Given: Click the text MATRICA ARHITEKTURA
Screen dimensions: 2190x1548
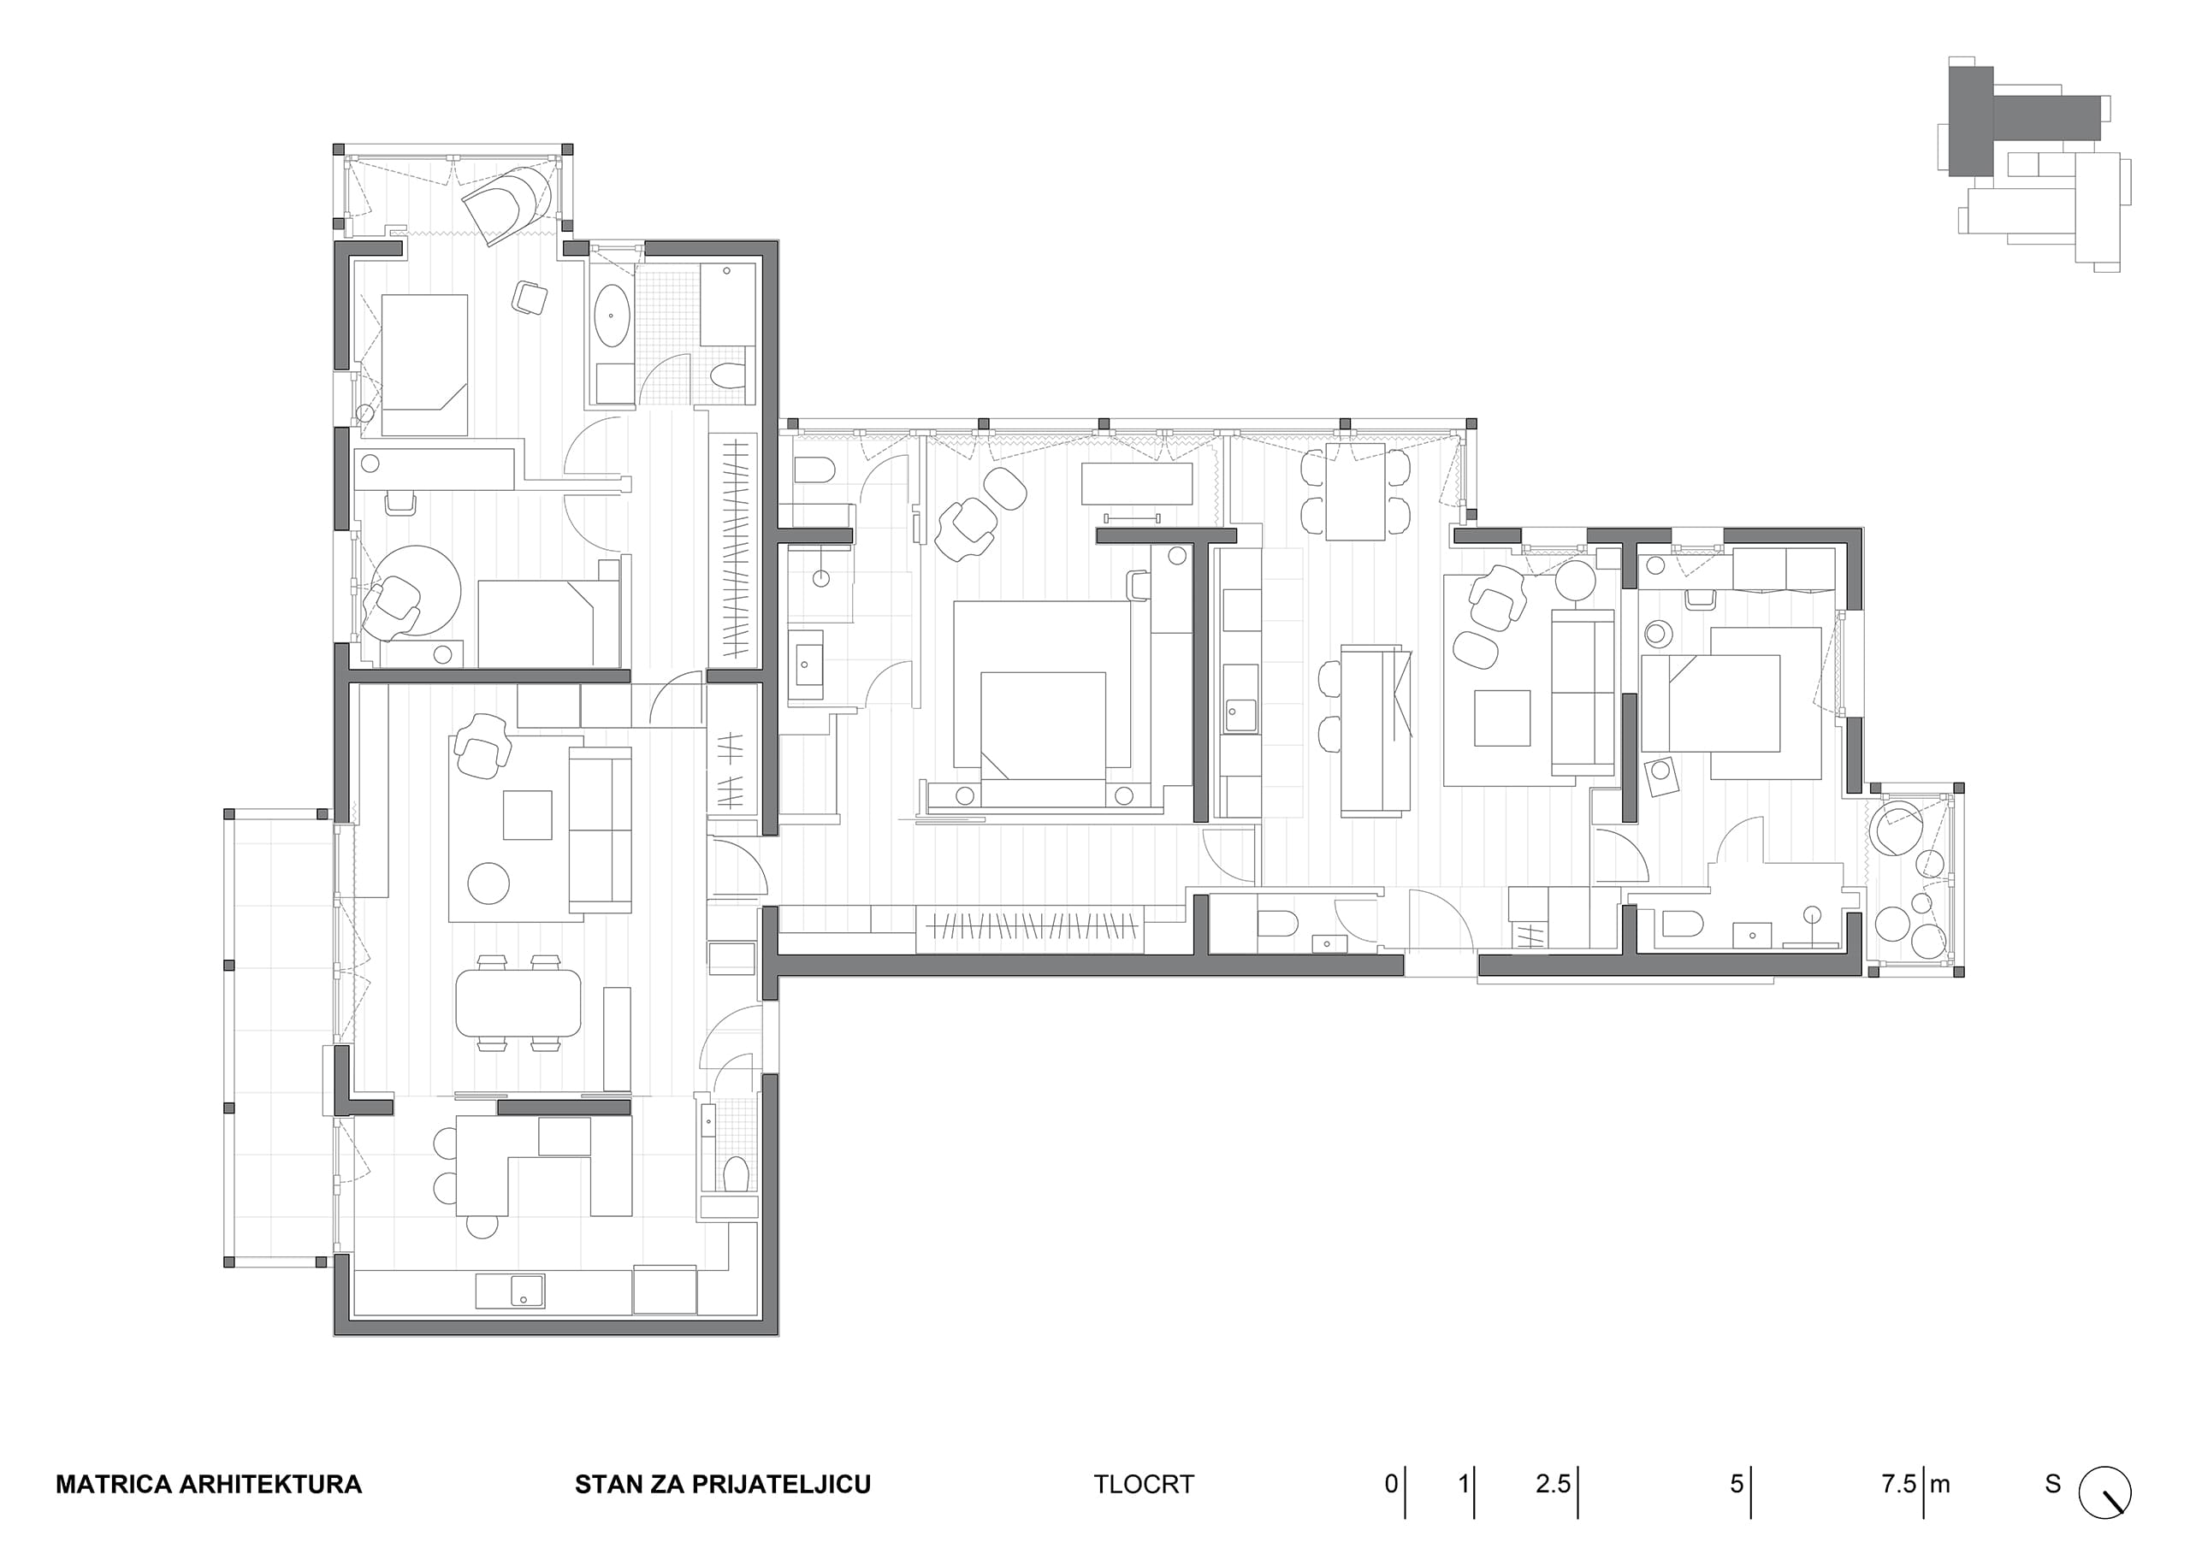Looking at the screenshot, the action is [x=209, y=1484].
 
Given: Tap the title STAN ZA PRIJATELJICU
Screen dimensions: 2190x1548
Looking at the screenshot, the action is [x=723, y=1484].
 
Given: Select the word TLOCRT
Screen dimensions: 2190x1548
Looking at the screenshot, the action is [x=1144, y=1484].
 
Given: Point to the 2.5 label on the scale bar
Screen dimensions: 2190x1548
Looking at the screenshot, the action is [x=1552, y=1484].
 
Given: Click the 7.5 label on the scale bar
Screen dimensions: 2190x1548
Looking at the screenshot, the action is [x=1898, y=1484].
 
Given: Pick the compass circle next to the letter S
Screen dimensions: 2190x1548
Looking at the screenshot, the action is [x=2105, y=1492].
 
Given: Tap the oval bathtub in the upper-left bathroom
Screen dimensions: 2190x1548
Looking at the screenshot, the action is [x=613, y=315].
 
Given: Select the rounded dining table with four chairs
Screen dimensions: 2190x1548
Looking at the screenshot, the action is [x=518, y=1002].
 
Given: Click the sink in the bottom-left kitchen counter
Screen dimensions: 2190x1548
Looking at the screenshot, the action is [x=525, y=1291].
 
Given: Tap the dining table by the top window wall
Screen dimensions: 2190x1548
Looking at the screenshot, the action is [x=1354, y=491].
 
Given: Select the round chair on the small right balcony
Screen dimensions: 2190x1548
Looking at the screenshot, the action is [x=1898, y=829].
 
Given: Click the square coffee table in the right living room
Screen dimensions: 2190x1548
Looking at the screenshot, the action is [x=1502, y=718].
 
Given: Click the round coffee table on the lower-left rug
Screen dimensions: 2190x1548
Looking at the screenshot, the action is [x=488, y=883].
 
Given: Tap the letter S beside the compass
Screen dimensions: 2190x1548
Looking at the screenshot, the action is [x=2052, y=1484].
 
